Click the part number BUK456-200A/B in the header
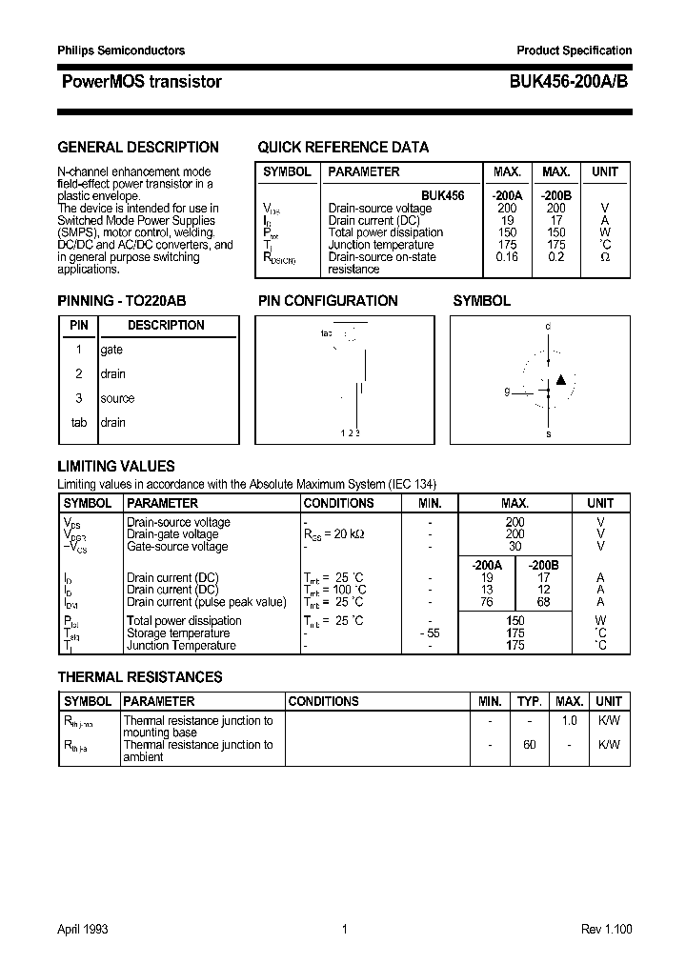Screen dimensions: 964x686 pyautogui.click(x=562, y=82)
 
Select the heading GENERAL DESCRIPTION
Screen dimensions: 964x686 pyautogui.click(x=138, y=148)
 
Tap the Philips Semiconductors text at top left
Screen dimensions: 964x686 pyautogui.click(x=121, y=50)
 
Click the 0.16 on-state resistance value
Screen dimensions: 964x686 pyautogui.click(x=507, y=257)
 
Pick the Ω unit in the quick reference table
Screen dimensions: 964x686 pyautogui.click(x=604, y=257)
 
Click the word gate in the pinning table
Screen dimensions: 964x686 pyautogui.click(x=111, y=350)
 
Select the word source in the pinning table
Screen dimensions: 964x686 pyautogui.click(x=117, y=398)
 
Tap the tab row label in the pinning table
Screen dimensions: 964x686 pyautogui.click(x=79, y=422)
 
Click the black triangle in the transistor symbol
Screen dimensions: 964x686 pyautogui.click(x=561, y=380)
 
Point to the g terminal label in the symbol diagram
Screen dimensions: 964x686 pyautogui.click(x=508, y=392)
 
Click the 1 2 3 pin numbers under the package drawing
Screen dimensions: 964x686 pyautogui.click(x=350, y=433)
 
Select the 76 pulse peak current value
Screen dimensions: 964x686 pyautogui.click(x=487, y=602)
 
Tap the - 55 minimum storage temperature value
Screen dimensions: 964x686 pyautogui.click(x=430, y=633)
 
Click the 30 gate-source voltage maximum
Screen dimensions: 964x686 pyautogui.click(x=514, y=547)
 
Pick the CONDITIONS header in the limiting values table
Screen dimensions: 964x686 pyautogui.click(x=338, y=503)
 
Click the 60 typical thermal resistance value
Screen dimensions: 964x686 pyautogui.click(x=529, y=745)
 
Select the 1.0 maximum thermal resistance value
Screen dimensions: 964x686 pyautogui.click(x=569, y=721)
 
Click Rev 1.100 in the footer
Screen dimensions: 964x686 pyautogui.click(x=606, y=929)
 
